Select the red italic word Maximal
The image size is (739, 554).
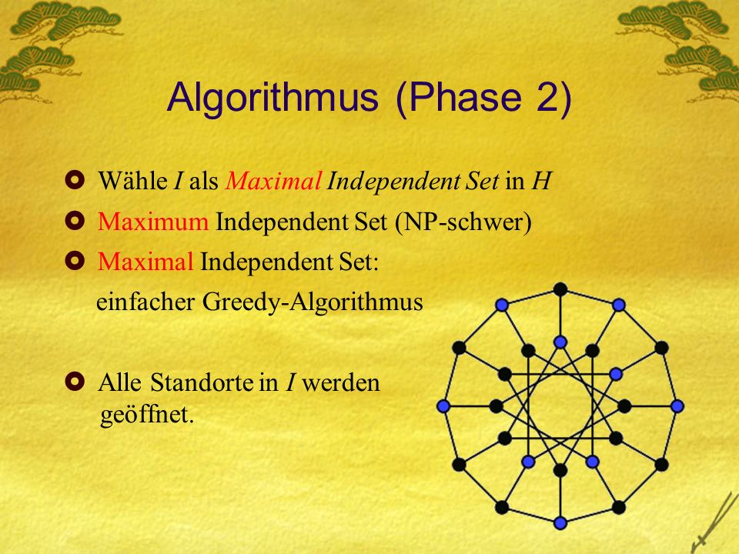273,180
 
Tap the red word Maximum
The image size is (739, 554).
153,221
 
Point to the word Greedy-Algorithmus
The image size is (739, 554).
313,302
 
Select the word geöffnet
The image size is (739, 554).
147,415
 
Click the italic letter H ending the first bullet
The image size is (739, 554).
541,181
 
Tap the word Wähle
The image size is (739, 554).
132,180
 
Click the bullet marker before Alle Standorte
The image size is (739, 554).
75,381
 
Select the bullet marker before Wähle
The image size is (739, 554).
75,179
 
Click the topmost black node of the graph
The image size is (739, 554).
560,289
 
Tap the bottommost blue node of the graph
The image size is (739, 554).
560,523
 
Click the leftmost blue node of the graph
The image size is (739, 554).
443,406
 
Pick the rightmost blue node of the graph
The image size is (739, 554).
677,406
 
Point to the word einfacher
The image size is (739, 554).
145,302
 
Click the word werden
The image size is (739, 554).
341,382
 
